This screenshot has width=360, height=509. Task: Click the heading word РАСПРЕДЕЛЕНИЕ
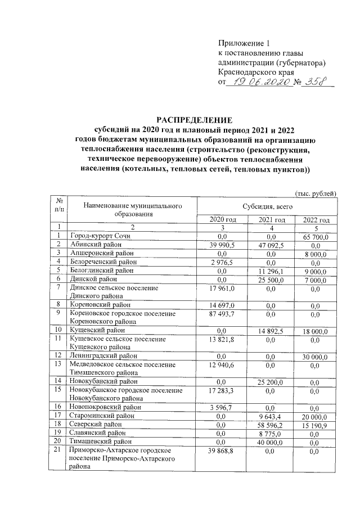tap(193, 120)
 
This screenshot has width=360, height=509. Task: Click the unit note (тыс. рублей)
tap(316, 193)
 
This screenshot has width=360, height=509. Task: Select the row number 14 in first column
tap(57, 381)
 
